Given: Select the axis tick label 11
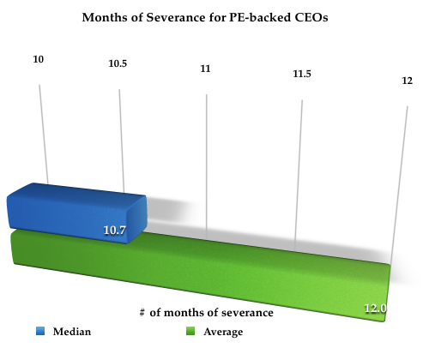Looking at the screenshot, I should [206, 67].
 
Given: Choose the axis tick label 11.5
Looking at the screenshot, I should [301, 75].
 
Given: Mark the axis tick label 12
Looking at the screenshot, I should [406, 80].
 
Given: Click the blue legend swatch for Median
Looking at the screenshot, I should [39, 331].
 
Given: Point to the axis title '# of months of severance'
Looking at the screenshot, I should [206, 313].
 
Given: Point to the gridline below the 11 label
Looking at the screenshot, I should [207, 154].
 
